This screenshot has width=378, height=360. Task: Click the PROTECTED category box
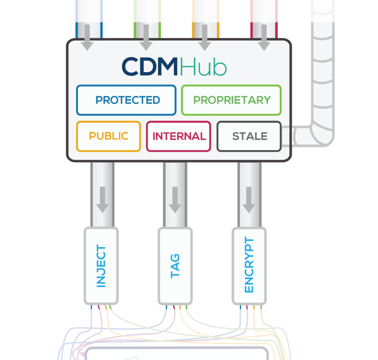[126, 100]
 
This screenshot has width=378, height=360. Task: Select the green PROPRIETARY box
[231, 100]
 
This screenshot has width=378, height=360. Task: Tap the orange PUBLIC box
[109, 136]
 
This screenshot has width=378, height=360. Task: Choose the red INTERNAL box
[179, 136]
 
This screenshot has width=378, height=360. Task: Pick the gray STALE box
[250, 136]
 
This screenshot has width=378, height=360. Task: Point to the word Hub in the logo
[203, 67]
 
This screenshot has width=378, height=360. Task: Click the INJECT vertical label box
[101, 266]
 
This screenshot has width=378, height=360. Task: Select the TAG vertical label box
[175, 266]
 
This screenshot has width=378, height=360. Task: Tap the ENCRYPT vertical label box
[249, 266]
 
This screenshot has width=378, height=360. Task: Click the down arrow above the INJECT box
[102, 200]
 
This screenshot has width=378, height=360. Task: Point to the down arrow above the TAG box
[175, 200]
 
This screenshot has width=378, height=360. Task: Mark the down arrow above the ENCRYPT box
[249, 200]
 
